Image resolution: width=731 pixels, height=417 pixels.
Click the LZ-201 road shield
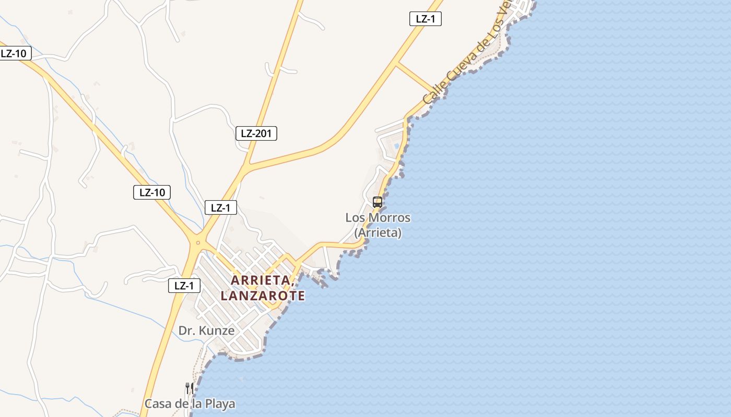click(x=256, y=133)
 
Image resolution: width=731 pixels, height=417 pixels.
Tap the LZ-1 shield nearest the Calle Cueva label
click(x=426, y=19)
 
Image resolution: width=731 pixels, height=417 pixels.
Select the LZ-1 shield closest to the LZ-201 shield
click(x=220, y=207)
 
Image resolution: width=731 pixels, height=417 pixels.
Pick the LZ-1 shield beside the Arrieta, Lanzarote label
click(x=184, y=286)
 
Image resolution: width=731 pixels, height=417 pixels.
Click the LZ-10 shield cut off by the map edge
click(x=15, y=53)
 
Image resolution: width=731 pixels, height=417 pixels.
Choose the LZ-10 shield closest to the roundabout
click(x=151, y=192)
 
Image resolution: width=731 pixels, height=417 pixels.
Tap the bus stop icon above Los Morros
click(x=378, y=202)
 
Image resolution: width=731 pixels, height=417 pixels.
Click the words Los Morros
click(x=378, y=218)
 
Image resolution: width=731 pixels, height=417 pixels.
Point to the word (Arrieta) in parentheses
click(x=378, y=232)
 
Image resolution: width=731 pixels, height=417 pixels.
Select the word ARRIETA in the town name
click(x=261, y=280)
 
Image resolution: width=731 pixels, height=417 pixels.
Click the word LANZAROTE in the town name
click(x=263, y=296)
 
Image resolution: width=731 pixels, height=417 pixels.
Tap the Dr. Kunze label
click(x=206, y=330)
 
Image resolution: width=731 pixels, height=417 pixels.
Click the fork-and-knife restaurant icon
click(x=190, y=388)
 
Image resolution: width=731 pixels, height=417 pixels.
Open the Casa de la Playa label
click(x=190, y=404)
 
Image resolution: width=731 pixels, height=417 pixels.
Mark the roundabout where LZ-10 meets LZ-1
click(x=198, y=242)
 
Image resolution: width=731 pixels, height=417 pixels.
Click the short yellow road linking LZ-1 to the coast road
click(x=415, y=78)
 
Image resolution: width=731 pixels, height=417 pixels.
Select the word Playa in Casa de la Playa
click(x=220, y=404)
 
